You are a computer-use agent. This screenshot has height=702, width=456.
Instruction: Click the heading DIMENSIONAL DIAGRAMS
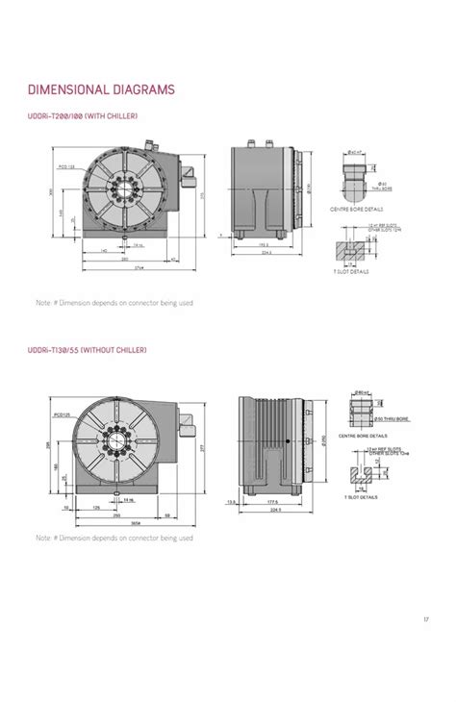coord(101,90)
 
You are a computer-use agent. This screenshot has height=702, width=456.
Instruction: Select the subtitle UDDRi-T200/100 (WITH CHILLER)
coord(84,116)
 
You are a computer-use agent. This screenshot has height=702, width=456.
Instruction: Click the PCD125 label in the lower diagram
coord(63,415)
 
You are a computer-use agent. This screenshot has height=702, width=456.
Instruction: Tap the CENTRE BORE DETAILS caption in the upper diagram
coord(356,208)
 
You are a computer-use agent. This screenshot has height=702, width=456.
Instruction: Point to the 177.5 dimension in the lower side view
coord(273,502)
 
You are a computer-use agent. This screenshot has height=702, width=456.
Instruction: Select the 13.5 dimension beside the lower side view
coord(229,502)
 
